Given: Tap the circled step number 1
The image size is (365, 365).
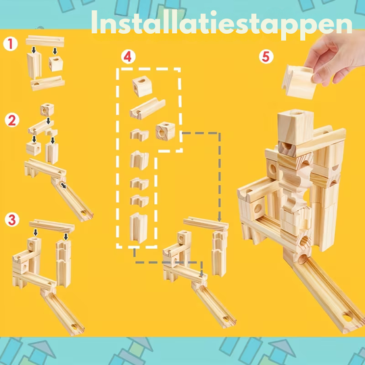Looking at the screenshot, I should pos(9,44).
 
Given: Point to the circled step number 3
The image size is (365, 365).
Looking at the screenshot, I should pos(11,220).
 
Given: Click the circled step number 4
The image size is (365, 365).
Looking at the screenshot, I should pos(128,57).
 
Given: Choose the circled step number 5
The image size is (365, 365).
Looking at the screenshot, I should pos(266,57).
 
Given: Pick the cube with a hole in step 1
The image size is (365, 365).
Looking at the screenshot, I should pos(55,65).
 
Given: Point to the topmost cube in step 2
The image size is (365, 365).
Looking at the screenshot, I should pos(46,109).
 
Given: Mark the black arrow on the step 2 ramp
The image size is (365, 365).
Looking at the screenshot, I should pos(63,184).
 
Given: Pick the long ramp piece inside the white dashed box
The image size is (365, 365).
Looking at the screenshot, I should pos(148,107).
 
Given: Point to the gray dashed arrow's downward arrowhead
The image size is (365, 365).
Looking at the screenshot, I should pos(220,219).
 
